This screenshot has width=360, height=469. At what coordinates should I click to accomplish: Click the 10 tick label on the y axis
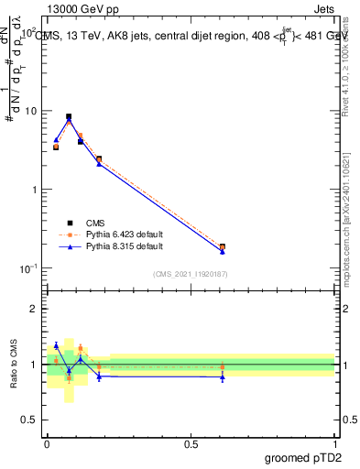(x=31, y=111)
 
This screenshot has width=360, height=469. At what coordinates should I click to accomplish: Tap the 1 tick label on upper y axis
(x=35, y=190)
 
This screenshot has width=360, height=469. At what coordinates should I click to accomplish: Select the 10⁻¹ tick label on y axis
(x=29, y=267)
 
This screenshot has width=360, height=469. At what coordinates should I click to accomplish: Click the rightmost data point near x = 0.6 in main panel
(x=223, y=247)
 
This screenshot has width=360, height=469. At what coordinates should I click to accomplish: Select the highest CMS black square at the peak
(x=69, y=117)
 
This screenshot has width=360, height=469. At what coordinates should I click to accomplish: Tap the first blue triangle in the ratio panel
(x=56, y=345)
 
